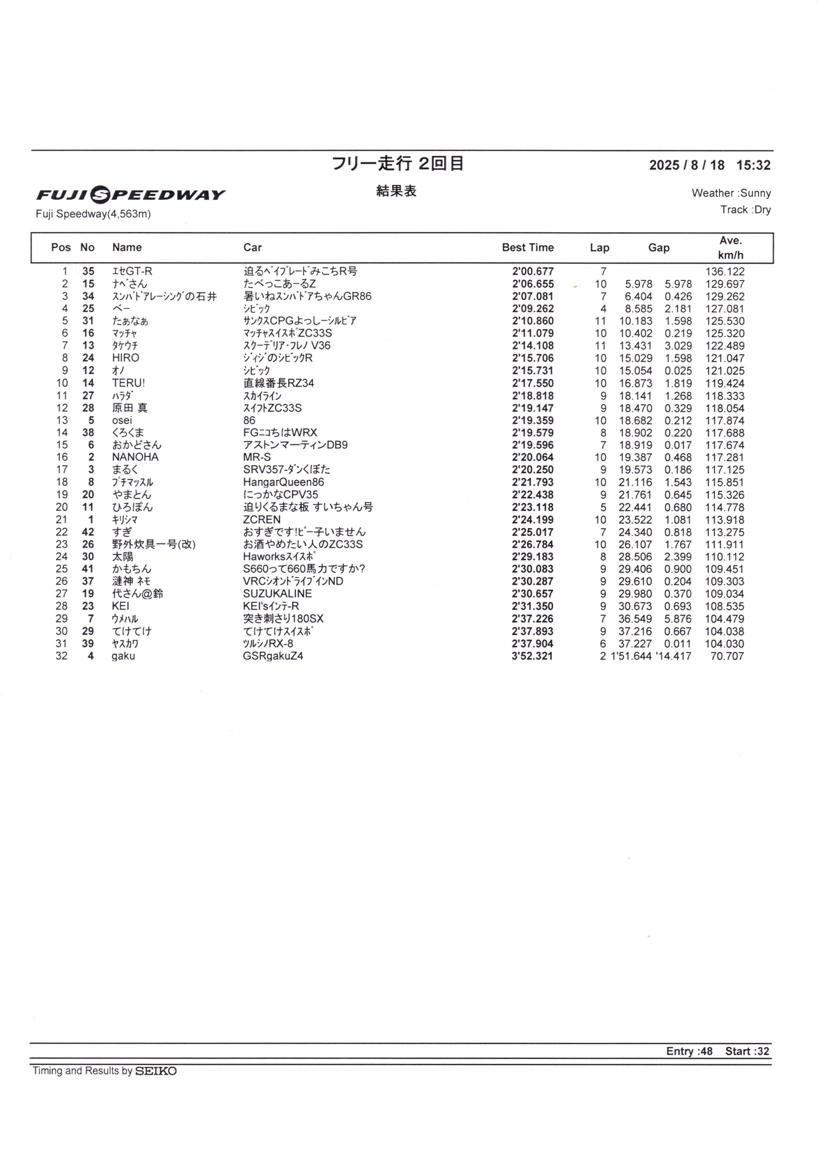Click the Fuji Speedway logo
(x=131, y=195)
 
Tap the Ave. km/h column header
(x=730, y=248)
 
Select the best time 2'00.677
(x=532, y=271)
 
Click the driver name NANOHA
(x=135, y=458)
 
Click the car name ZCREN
(x=261, y=520)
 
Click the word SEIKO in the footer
(x=155, y=1071)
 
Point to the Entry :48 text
(x=689, y=1051)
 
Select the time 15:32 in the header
(x=753, y=165)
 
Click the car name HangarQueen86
(x=283, y=483)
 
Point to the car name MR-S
(x=256, y=458)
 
